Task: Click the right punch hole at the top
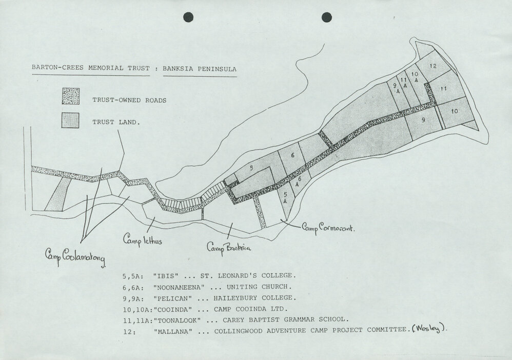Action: tap(326, 17)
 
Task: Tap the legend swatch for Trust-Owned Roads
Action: tap(70, 96)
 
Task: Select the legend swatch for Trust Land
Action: tap(70, 121)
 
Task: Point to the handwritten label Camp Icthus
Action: tap(143, 238)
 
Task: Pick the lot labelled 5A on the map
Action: tap(285, 198)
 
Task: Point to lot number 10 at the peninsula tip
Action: tap(454, 111)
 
